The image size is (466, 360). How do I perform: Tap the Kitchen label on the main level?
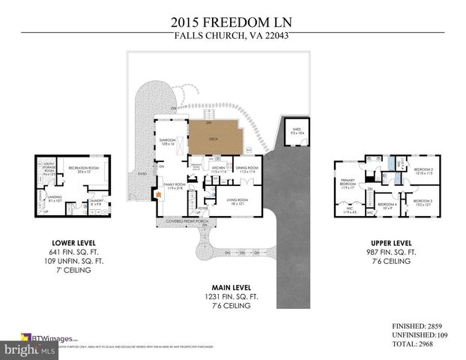(219, 169)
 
